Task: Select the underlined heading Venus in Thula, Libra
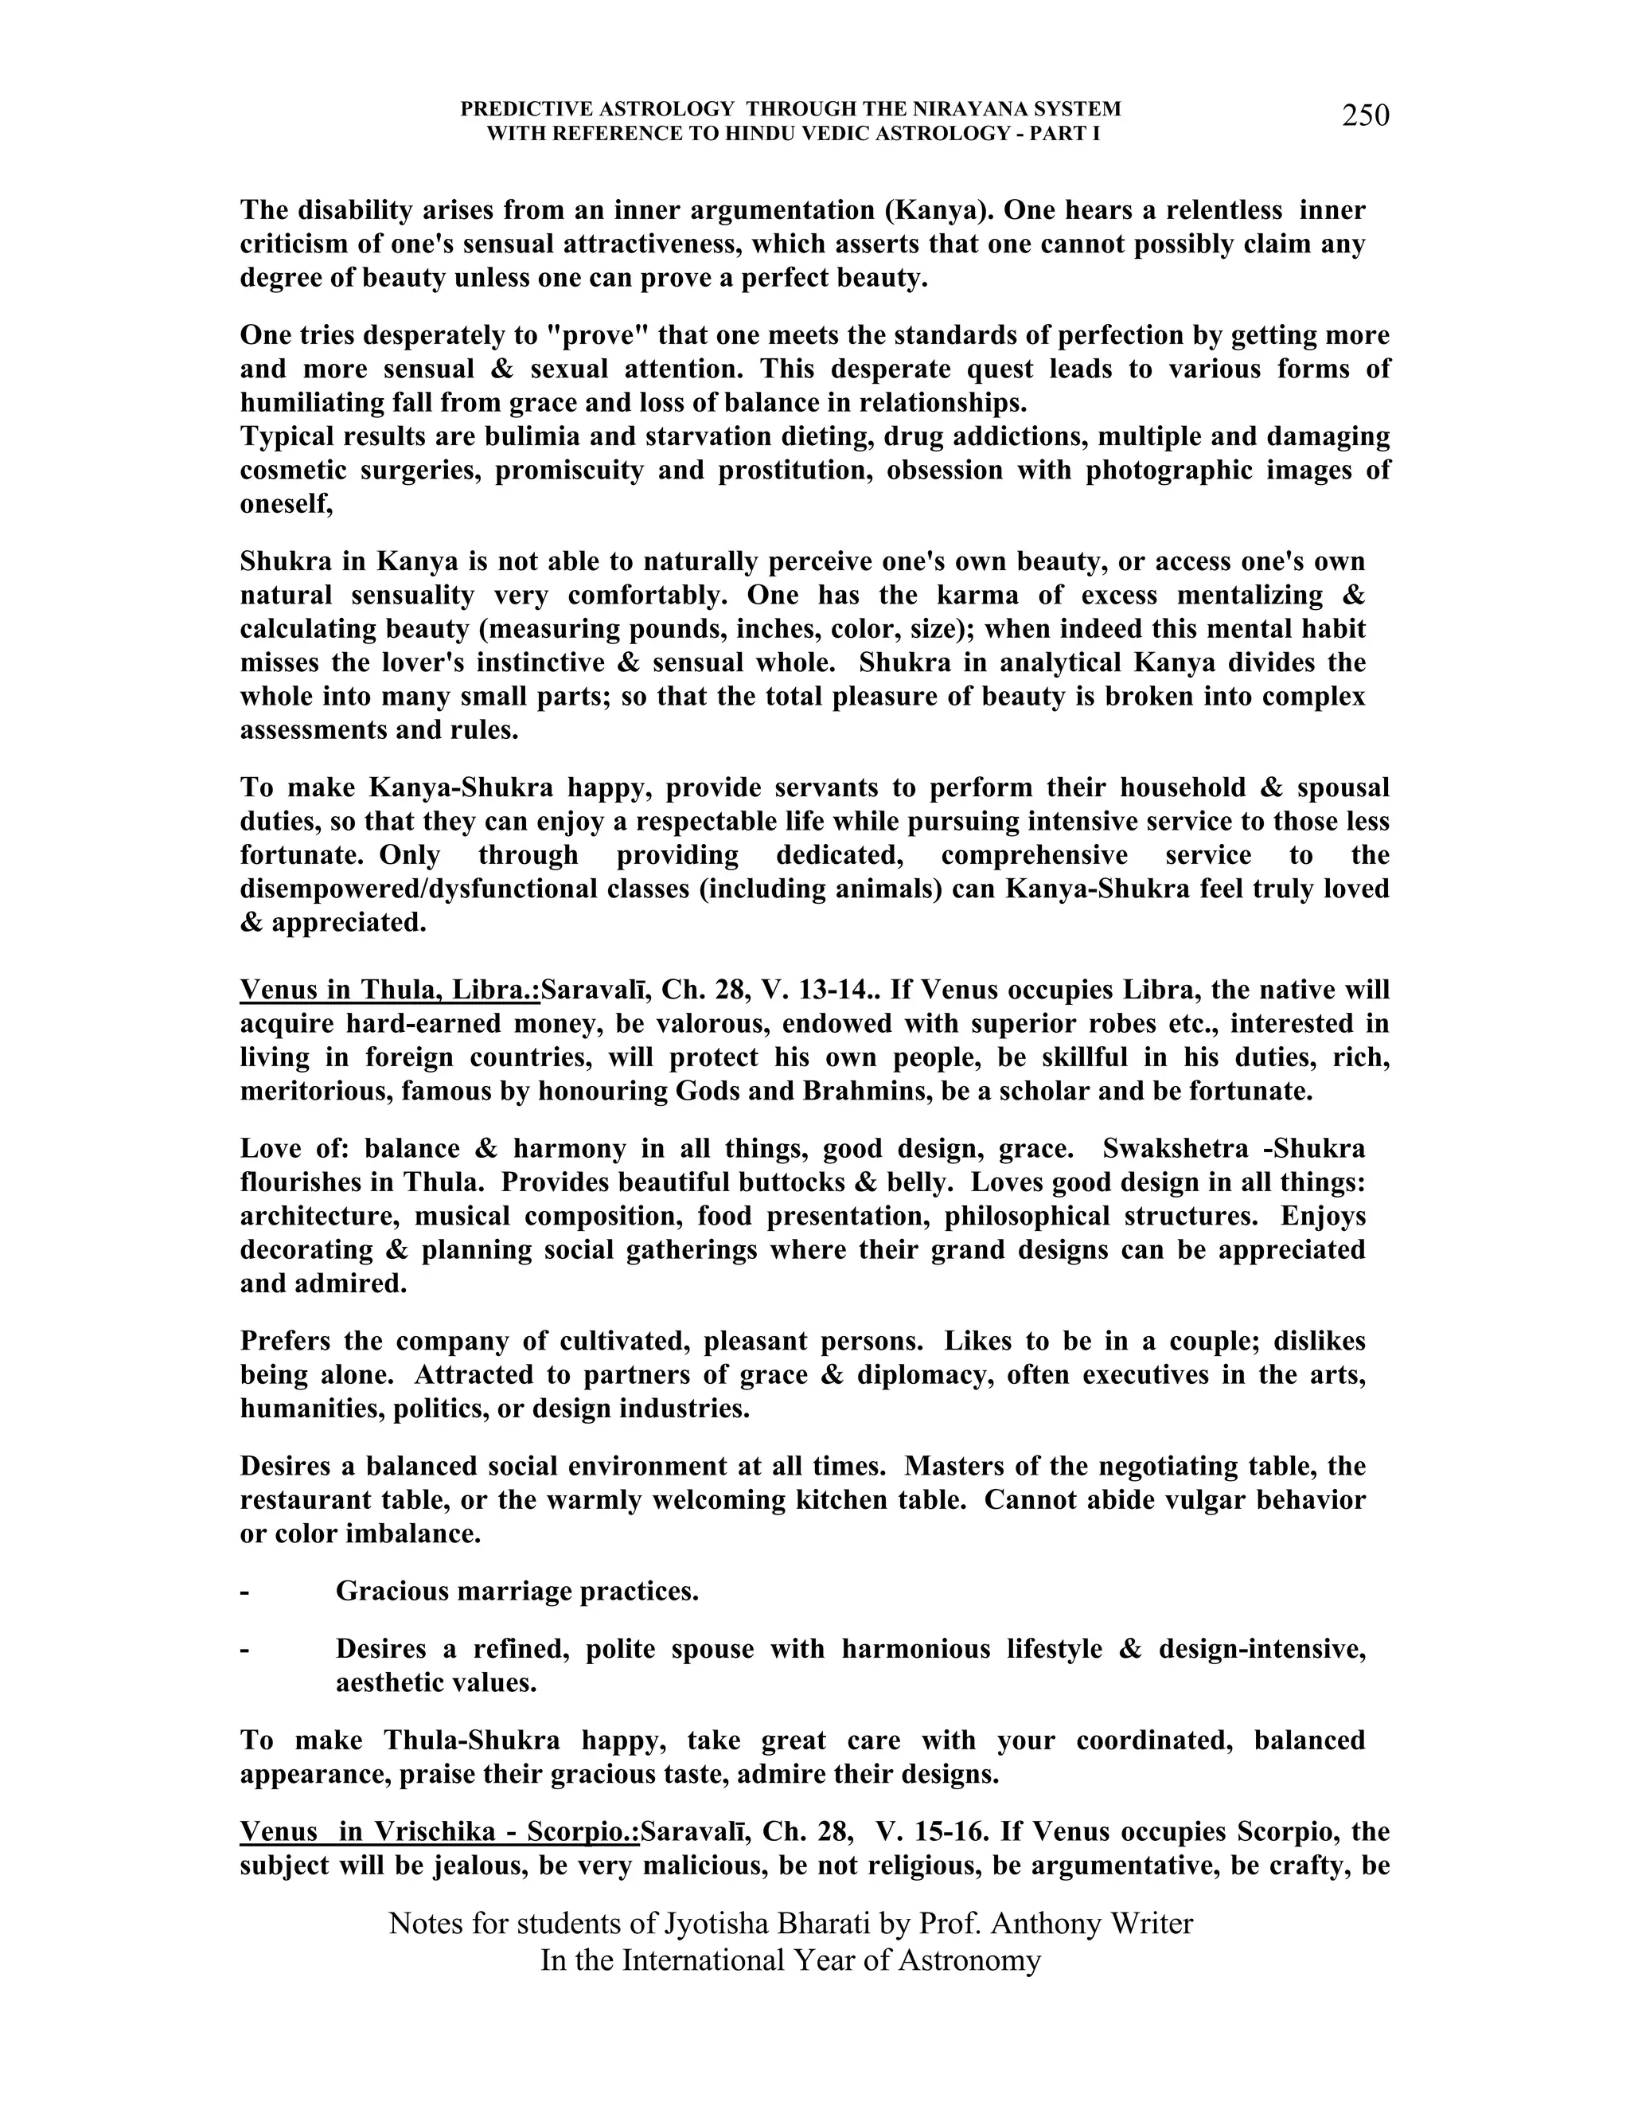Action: pos(390,991)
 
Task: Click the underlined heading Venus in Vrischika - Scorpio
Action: pos(439,1832)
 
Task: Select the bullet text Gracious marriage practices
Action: pos(517,1591)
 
